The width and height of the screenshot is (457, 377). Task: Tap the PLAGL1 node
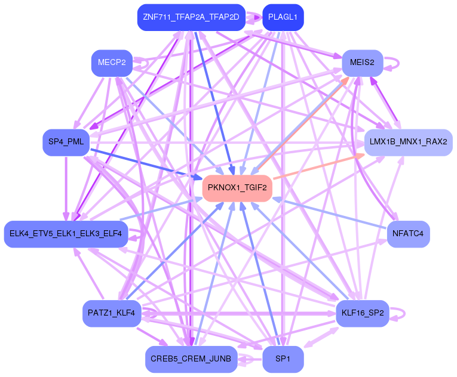tap(283, 17)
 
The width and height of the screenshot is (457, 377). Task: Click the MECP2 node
tap(111, 63)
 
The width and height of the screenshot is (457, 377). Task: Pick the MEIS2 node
tap(362, 63)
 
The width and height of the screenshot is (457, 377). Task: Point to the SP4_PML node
tap(66, 142)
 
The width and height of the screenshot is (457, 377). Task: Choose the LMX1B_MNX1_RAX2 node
tap(409, 143)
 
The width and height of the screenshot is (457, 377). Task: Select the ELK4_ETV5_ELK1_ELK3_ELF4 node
tap(66, 234)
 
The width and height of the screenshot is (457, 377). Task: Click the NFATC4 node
tap(409, 234)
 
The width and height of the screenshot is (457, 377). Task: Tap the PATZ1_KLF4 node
tap(111, 313)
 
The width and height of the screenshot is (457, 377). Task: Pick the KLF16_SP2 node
tap(362, 313)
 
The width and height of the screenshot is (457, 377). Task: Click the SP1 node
tap(283, 359)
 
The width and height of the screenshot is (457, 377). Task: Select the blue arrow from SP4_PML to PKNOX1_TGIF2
tap(143, 162)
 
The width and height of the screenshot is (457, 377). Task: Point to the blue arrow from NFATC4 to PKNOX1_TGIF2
tap(335, 215)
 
